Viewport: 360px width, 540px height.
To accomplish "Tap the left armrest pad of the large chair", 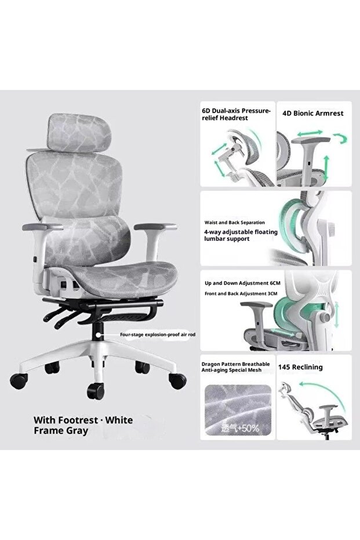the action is pos(42,227).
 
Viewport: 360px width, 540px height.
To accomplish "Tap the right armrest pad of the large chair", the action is pos(155,227).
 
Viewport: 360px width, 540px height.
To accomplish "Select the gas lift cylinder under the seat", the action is pos(99,332).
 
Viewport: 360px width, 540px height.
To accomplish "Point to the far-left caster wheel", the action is pos(19,381).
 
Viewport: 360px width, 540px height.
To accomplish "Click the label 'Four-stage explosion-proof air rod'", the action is pos(158,335).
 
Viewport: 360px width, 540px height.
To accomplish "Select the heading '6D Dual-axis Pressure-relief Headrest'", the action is pos(236,114).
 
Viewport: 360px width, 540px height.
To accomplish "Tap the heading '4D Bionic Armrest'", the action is pos(313,113).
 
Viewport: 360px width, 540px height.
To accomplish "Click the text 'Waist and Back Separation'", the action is pos(235,223).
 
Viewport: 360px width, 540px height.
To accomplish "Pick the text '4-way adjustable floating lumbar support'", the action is pos(241,235).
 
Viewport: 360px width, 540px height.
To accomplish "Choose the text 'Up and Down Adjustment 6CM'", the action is pos(242,283).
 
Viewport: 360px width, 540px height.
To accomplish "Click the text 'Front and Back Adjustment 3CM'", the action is pos(241,293).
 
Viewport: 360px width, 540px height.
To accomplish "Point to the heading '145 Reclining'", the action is pos(300,367).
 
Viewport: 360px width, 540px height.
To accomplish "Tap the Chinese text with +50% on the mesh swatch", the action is pos(240,429).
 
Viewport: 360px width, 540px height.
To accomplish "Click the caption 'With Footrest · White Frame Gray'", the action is pos(83,425).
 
